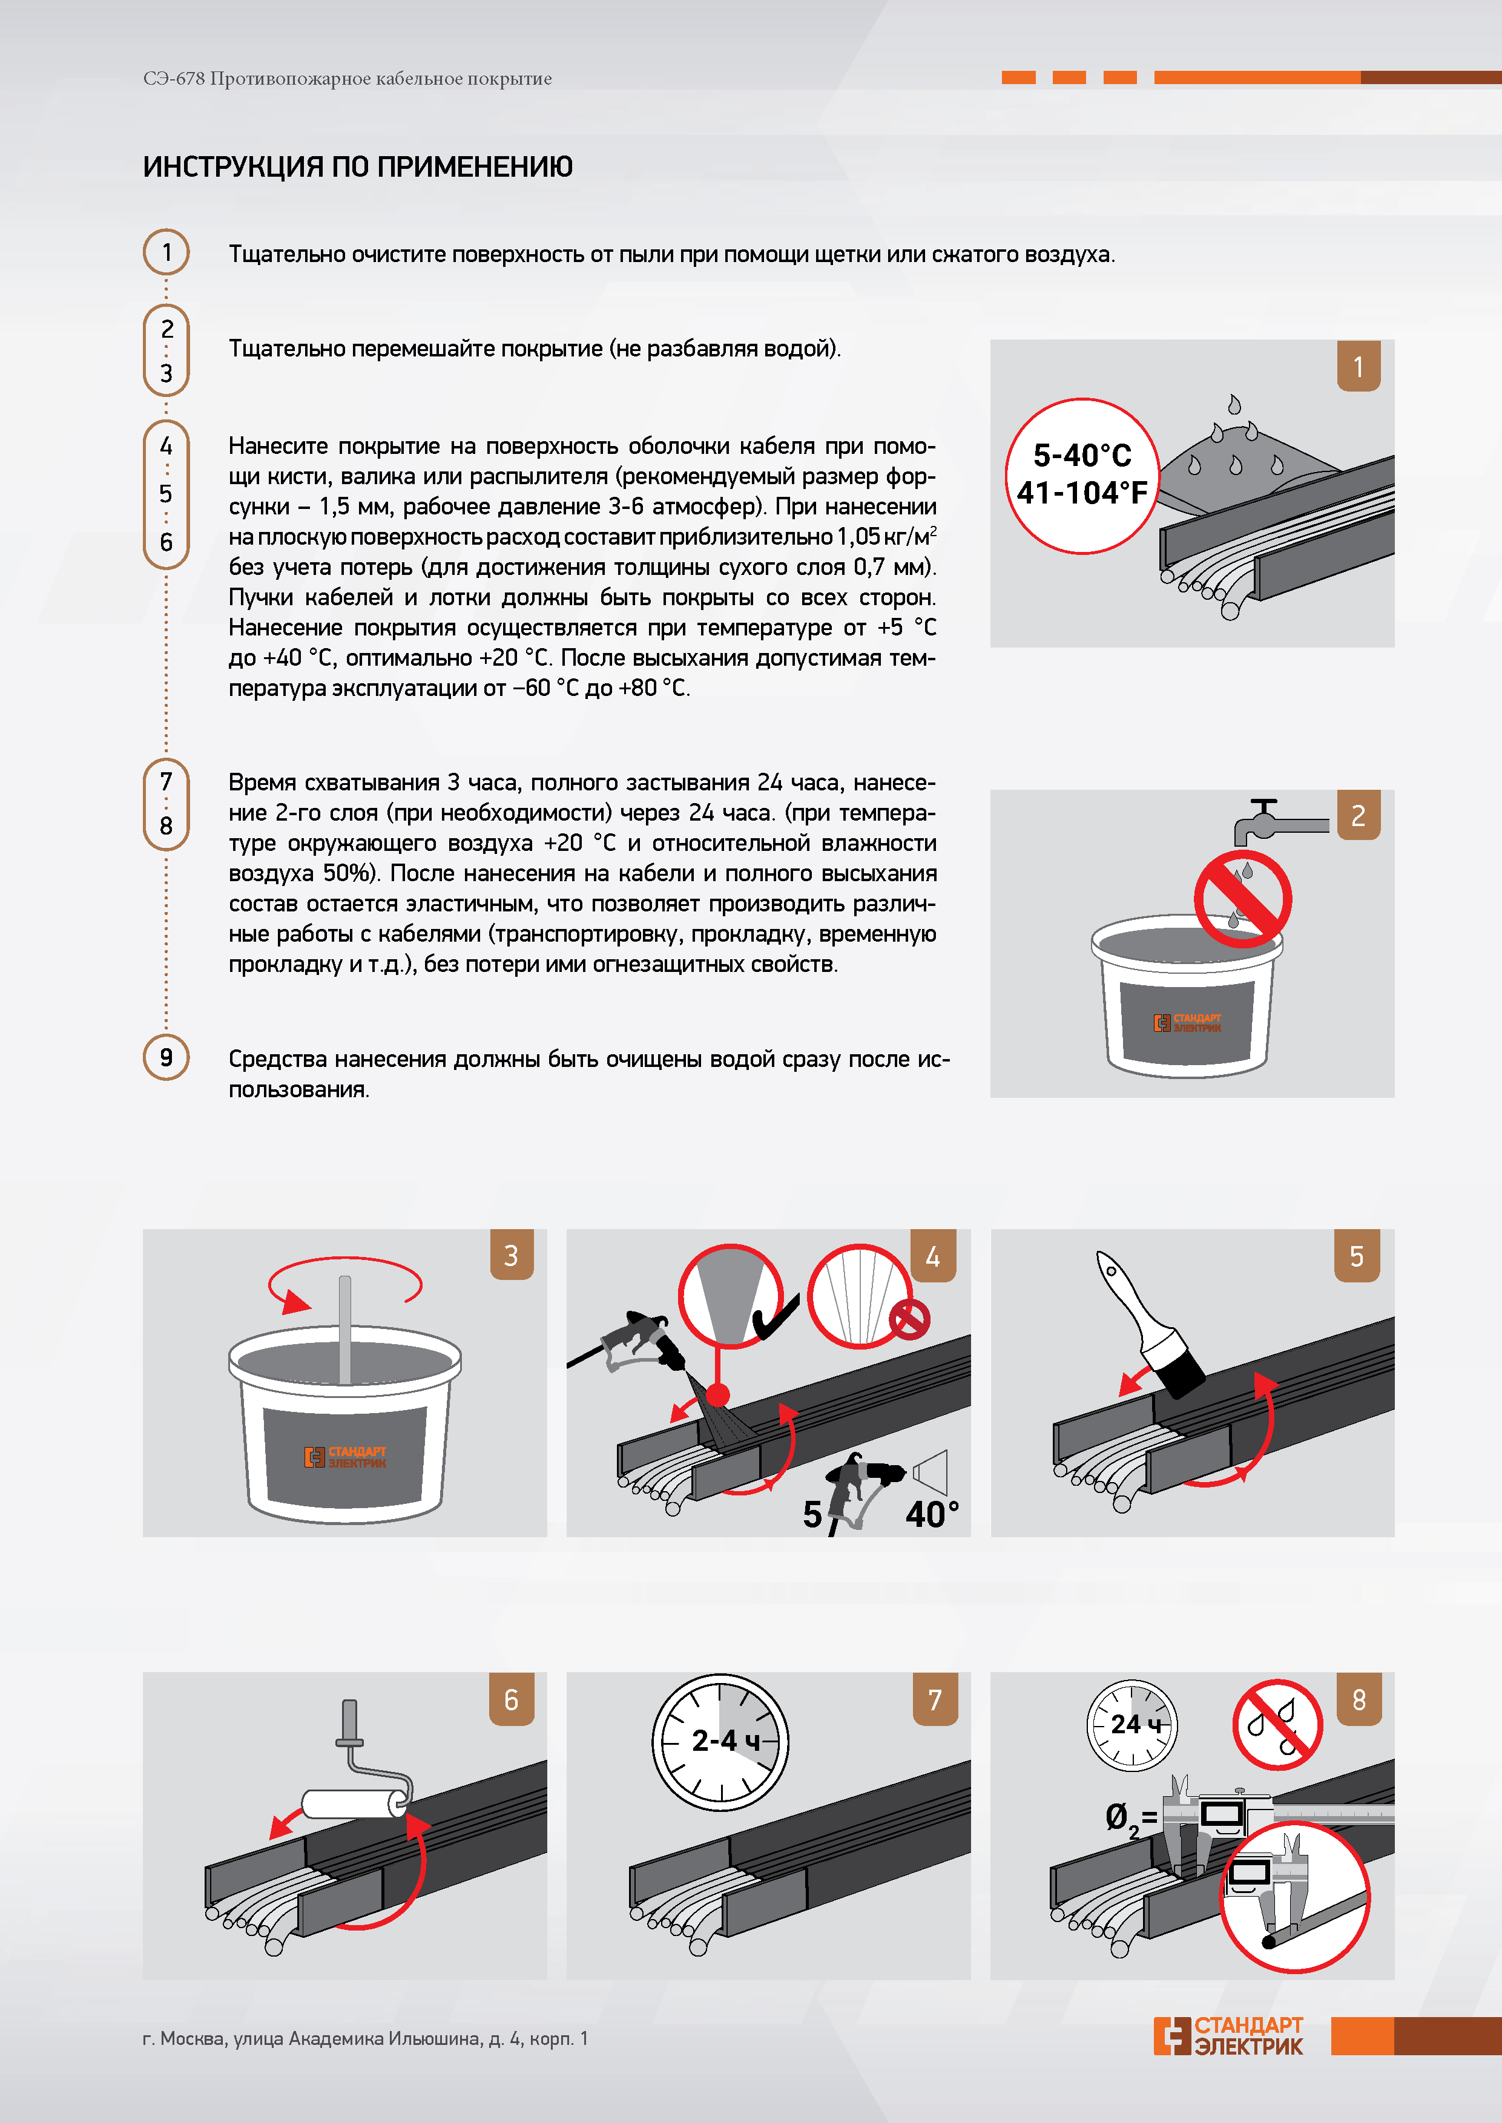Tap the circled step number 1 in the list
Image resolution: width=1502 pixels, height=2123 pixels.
166,252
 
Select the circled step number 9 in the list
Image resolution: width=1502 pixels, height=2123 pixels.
166,1057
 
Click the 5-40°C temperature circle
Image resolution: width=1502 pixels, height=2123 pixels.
1082,475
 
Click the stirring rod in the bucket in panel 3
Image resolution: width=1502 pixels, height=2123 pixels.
345,1330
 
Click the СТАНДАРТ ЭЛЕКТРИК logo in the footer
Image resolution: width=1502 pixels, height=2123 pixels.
1228,2035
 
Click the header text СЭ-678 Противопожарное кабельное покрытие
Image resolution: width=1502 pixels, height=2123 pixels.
348,79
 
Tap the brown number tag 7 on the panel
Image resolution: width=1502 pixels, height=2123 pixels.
935,1699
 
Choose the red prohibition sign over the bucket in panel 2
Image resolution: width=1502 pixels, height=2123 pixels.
1243,899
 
